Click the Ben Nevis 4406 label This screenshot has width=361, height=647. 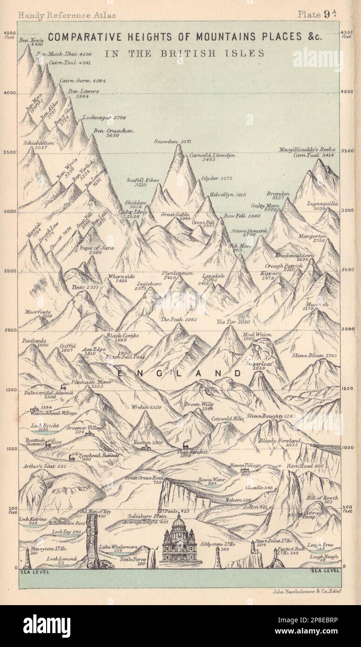click(x=31, y=43)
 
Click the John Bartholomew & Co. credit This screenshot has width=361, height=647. click(x=306, y=592)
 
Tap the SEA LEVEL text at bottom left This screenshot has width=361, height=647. click(x=32, y=572)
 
